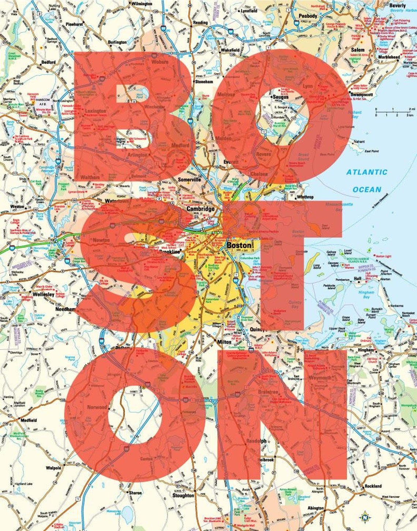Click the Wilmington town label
click(142, 3)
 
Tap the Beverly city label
click(397, 5)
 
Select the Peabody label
click(308, 16)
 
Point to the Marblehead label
click(388, 57)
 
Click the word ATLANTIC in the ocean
click(367, 172)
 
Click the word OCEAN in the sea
click(367, 189)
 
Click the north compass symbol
click(365, 517)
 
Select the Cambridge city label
click(200, 209)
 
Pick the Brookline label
click(170, 252)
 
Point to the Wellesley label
click(44, 294)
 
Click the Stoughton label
click(183, 496)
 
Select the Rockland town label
click(373, 486)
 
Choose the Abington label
click(315, 508)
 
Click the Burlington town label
click(117, 42)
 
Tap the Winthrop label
click(305, 197)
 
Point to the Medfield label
click(29, 420)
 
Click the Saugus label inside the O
click(281, 97)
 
